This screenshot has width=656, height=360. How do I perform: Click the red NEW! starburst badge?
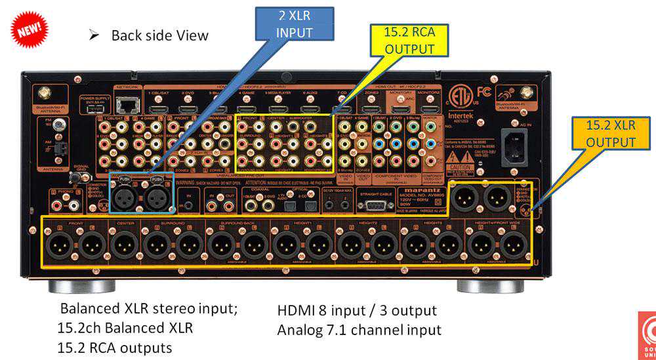[29, 30]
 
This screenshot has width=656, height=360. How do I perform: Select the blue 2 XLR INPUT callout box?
[294, 24]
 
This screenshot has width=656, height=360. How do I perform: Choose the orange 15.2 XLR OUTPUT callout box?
[610, 133]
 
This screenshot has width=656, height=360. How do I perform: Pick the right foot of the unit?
[490, 286]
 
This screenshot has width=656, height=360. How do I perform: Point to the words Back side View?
[159, 35]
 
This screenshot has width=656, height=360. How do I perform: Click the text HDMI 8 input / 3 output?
[357, 310]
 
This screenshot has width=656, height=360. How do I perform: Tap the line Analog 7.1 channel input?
[359, 329]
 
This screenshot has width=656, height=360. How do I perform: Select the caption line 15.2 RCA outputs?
[115, 347]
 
